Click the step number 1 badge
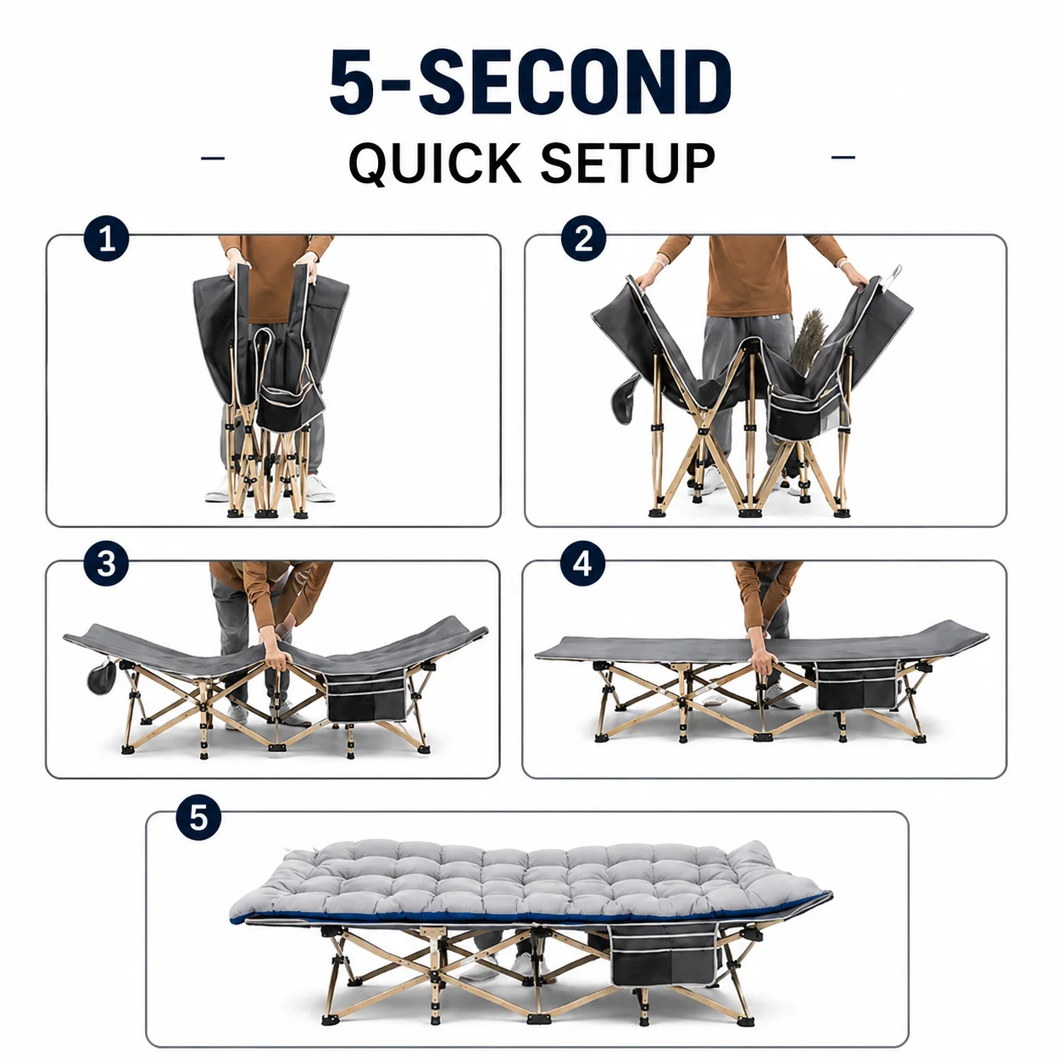(106, 238)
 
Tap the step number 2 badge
(583, 238)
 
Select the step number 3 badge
(106, 564)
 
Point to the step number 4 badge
(582, 564)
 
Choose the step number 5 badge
(198, 817)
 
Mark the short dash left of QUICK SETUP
(213, 159)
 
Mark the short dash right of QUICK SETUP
(843, 158)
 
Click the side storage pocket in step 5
(665, 950)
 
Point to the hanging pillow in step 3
(102, 676)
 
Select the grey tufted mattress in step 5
(530, 882)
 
